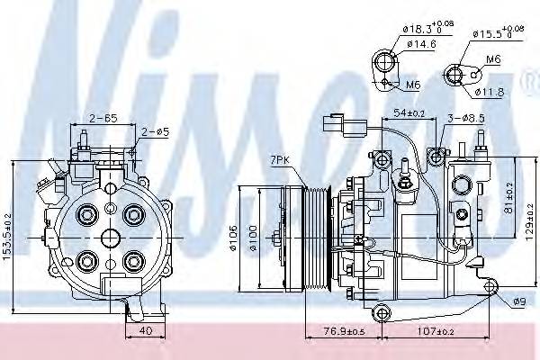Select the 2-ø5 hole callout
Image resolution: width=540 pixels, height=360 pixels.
coord(154,132)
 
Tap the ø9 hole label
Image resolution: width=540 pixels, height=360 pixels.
coord(518,301)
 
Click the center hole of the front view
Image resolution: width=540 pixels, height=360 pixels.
coord(109,238)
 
